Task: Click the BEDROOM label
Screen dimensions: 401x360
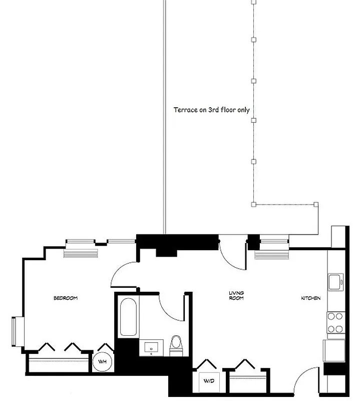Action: coord(66,298)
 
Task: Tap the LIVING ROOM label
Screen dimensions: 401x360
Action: coord(236,296)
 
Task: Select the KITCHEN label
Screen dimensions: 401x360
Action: coord(310,298)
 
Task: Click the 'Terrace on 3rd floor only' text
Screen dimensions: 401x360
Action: coord(211,110)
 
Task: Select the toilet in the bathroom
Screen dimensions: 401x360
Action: coord(176,344)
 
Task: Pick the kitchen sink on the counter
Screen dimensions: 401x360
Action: coord(335,282)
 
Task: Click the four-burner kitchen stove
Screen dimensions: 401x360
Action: coord(335,322)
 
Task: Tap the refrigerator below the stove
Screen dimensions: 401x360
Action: coord(332,350)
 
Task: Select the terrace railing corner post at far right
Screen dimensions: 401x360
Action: coord(316,204)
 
